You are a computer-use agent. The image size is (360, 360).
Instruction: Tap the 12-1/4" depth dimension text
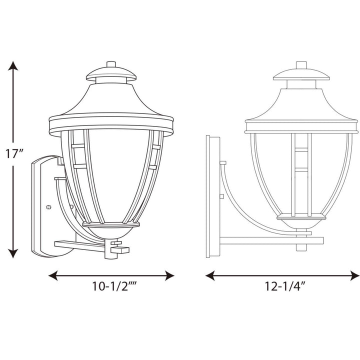tap(283, 287)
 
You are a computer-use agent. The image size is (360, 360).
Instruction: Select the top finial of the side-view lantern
tap(301, 65)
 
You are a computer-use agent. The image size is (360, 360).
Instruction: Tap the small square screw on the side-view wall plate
tap(222, 163)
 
